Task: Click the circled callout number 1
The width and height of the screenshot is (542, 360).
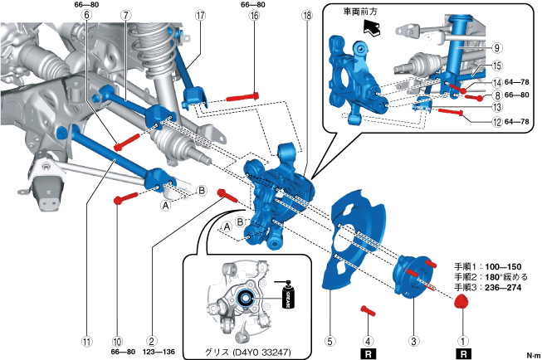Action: click(464, 339)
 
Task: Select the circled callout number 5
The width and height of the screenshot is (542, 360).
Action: click(330, 339)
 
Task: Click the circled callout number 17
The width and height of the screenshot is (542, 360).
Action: click(201, 15)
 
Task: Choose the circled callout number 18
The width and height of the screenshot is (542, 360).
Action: click(306, 15)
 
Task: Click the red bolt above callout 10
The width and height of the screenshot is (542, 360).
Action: click(125, 197)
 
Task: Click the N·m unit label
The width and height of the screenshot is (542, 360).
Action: click(532, 354)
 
